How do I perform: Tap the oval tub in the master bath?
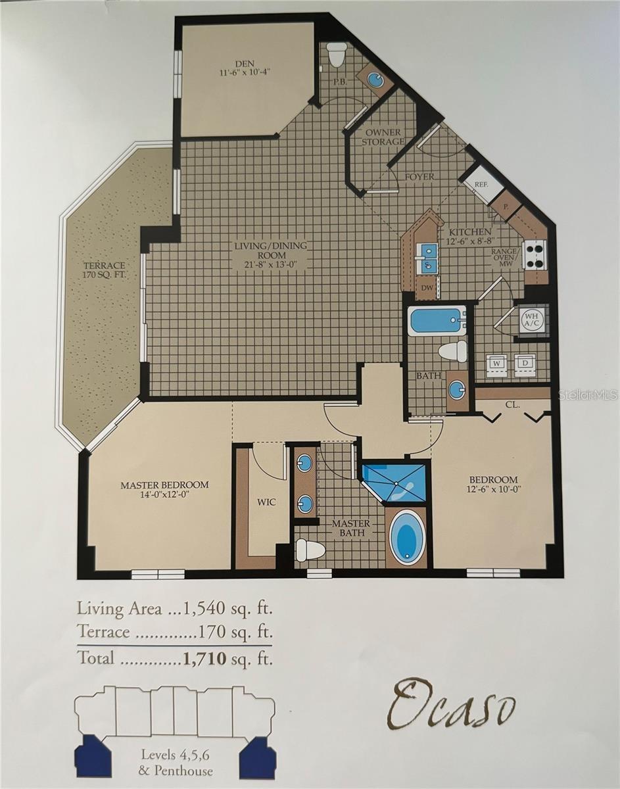click(x=407, y=537)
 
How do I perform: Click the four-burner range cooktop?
click(x=534, y=254)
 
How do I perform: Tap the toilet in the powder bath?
click(x=337, y=55)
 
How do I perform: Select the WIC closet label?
click(x=266, y=502)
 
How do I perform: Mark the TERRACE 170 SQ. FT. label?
click(x=103, y=270)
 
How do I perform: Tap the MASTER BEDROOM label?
click(x=164, y=490)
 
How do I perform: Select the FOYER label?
click(x=419, y=177)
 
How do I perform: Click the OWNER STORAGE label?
click(x=383, y=137)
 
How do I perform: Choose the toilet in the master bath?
click(x=308, y=550)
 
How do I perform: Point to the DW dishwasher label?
click(x=426, y=287)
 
